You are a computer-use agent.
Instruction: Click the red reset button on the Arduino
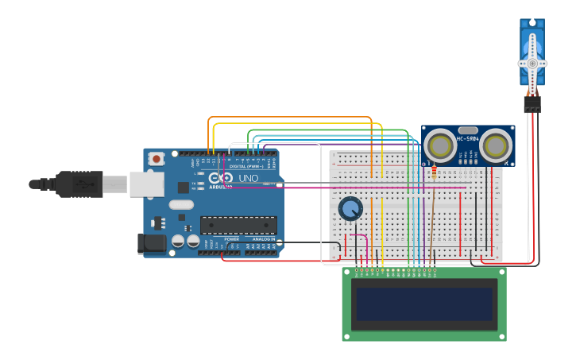[157, 158]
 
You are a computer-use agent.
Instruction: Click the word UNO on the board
[249, 178]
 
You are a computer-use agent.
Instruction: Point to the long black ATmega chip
[238, 225]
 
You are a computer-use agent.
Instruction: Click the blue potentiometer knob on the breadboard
[350, 209]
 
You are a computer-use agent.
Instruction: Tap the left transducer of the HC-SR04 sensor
[439, 145]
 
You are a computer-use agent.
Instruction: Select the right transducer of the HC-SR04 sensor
[496, 145]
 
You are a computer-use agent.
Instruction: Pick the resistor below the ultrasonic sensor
[434, 172]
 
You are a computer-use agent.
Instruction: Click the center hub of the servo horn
[532, 63]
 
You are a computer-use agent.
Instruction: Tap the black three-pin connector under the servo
[532, 103]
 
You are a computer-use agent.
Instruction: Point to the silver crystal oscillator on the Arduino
[182, 204]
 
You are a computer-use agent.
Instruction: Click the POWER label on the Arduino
[231, 238]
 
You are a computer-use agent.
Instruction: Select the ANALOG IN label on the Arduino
[264, 238]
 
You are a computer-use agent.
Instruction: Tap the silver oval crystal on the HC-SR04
[468, 130]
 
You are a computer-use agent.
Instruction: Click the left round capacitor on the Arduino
[179, 240]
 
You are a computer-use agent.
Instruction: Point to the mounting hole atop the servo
[532, 25]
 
